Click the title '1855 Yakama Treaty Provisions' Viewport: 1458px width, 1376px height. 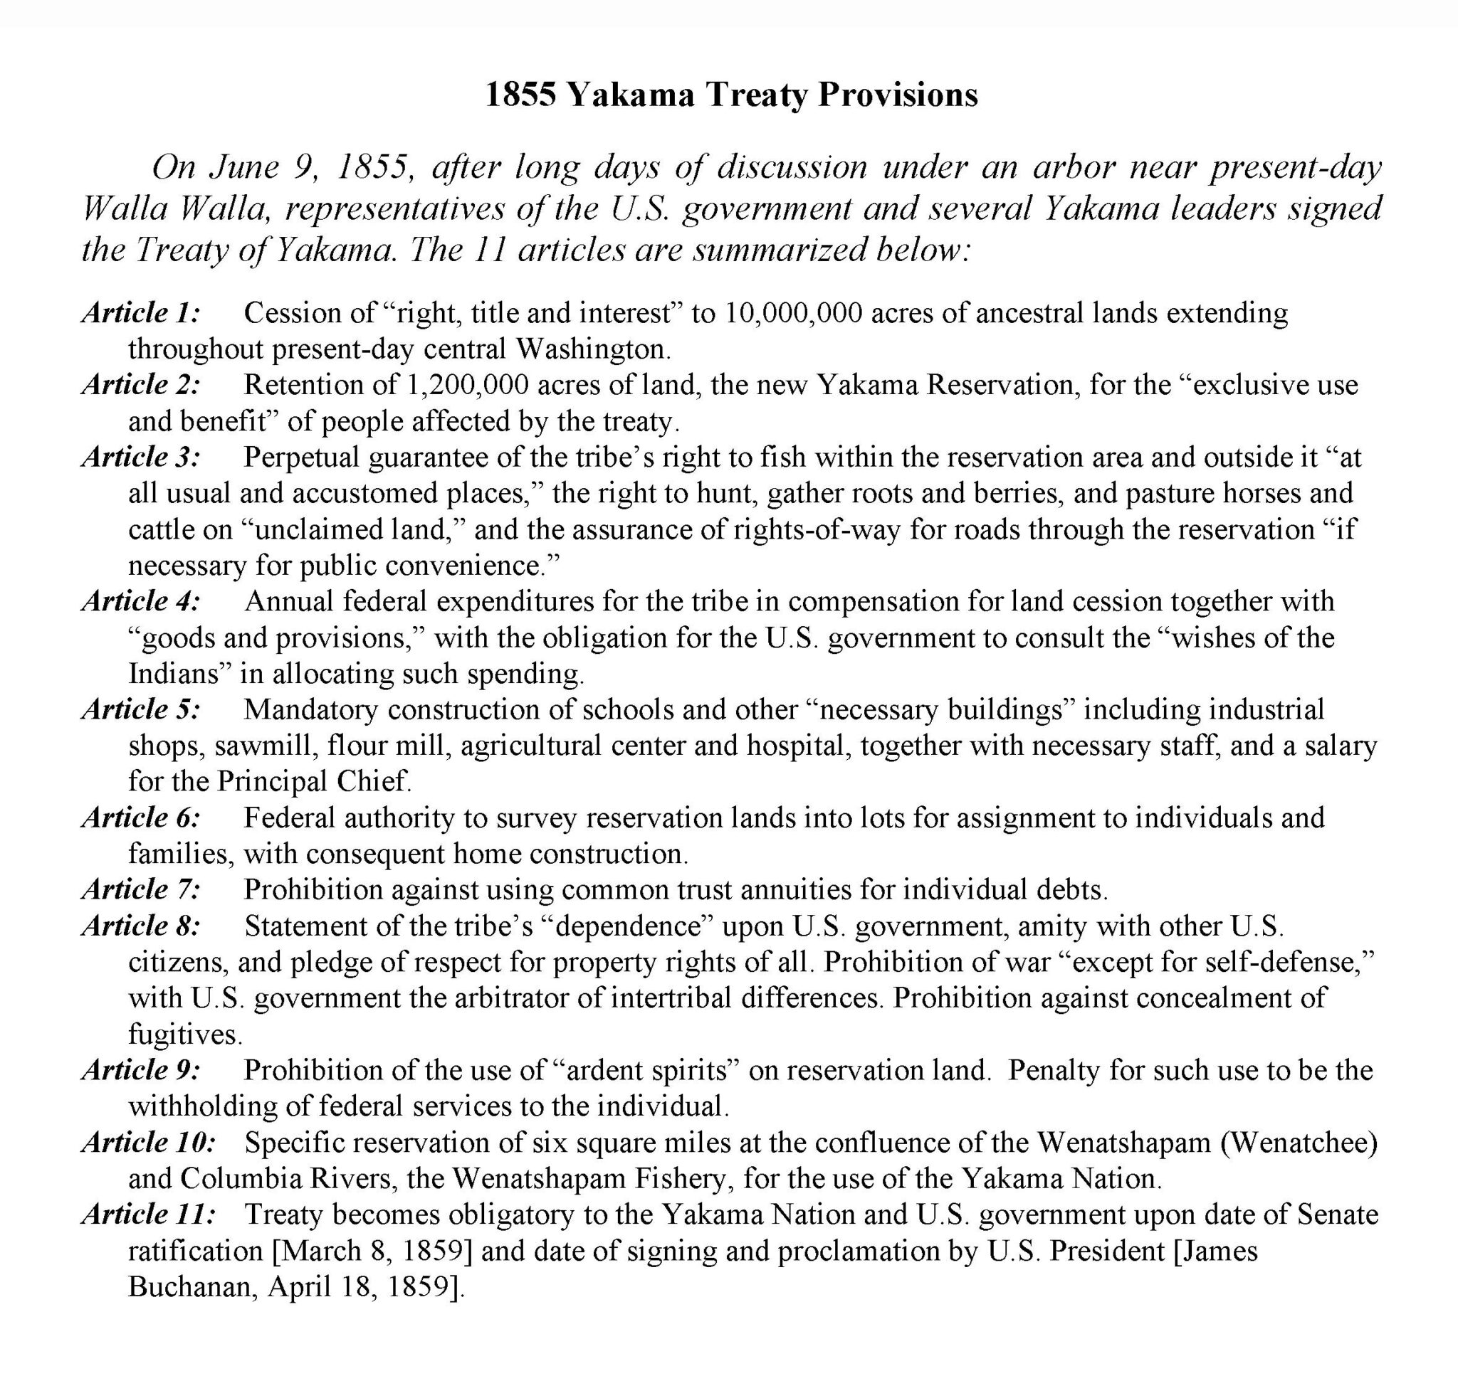coord(732,95)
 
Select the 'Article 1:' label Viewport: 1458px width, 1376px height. coord(141,312)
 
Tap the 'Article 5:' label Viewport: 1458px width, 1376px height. coord(141,709)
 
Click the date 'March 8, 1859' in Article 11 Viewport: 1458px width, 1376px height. coord(372,1251)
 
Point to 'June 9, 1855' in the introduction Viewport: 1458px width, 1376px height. coord(309,168)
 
